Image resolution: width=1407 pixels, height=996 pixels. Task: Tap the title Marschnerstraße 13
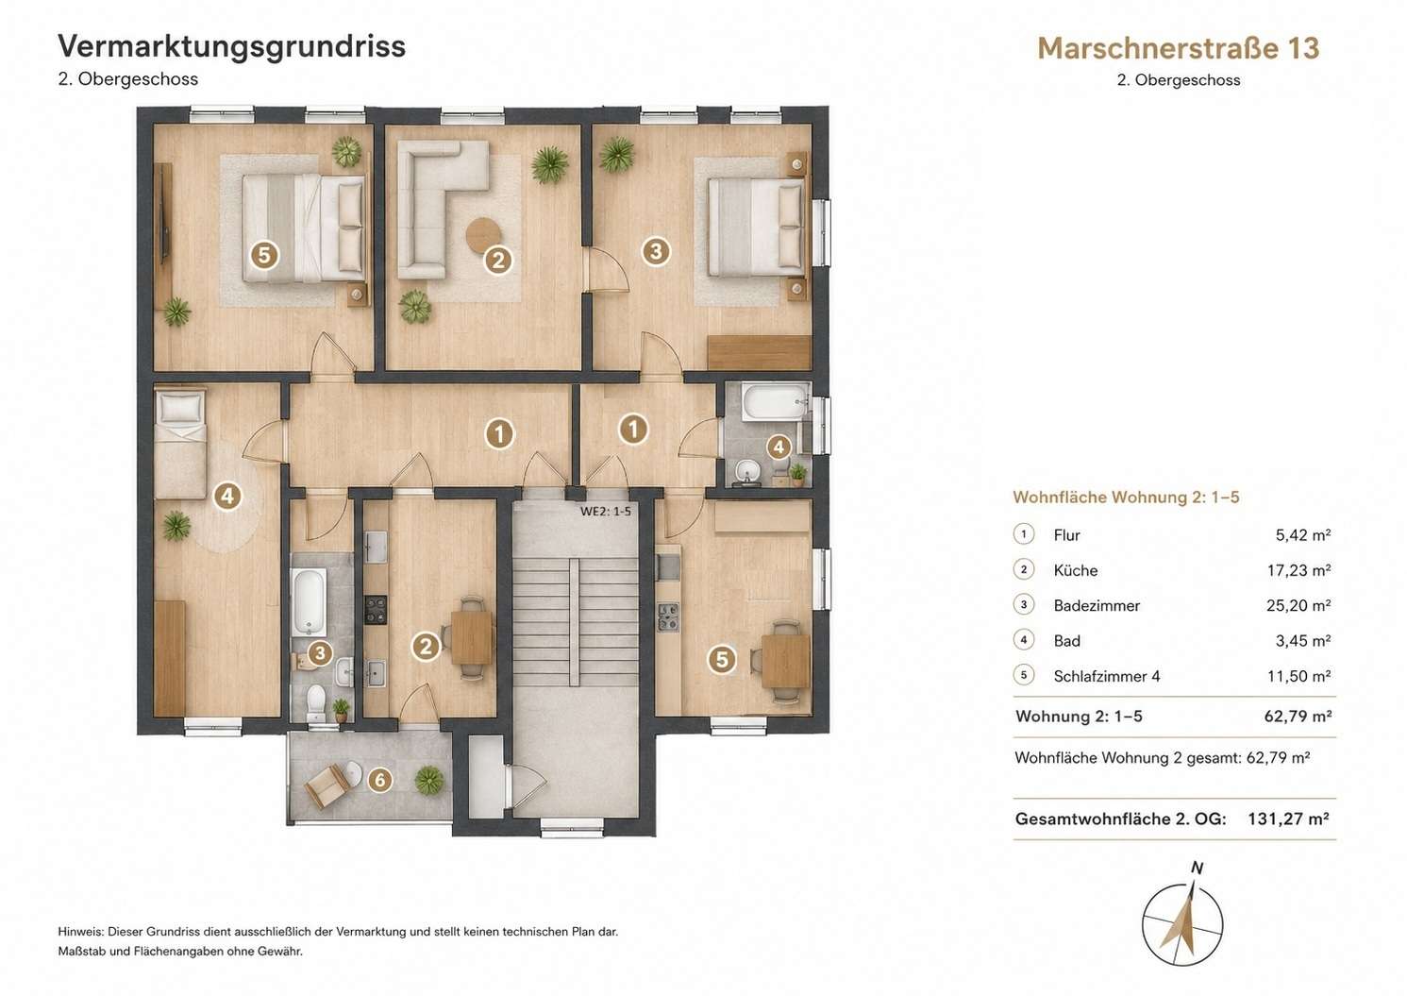[1179, 48]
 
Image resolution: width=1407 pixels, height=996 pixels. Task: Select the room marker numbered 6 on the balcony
[380, 781]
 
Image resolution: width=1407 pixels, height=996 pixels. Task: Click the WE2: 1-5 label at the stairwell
[606, 512]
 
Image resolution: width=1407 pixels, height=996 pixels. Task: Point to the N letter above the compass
[1198, 868]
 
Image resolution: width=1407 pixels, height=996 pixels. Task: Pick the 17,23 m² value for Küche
[1298, 570]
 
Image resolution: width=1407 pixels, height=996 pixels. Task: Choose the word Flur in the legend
[1066, 535]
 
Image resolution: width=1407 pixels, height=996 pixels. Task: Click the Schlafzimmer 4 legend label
[1107, 676]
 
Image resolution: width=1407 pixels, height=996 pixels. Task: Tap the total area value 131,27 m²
[1288, 819]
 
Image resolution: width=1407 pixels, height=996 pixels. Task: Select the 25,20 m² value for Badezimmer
[1298, 605]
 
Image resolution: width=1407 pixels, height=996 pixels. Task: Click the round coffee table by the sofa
[484, 235]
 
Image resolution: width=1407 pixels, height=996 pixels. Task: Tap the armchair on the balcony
[325, 785]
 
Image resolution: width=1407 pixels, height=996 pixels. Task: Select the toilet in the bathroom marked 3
[316, 703]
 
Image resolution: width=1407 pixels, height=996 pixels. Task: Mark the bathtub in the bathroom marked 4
[775, 401]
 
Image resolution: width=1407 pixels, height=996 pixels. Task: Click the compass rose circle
[1182, 925]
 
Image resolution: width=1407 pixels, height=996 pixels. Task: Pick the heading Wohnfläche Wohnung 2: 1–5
[1126, 498]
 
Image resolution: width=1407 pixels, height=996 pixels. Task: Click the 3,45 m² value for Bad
[1303, 641]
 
